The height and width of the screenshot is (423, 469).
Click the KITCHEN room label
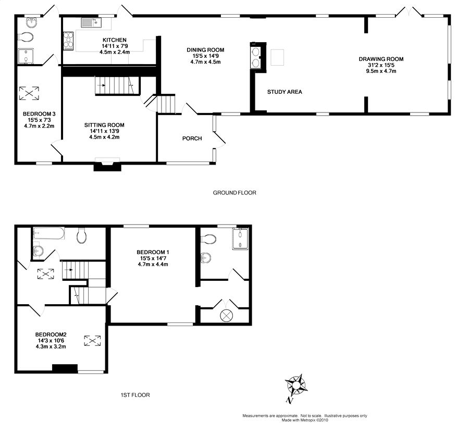pos(115,40)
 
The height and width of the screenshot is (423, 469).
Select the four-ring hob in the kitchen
pos(68,41)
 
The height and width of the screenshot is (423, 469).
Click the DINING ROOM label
pos(205,50)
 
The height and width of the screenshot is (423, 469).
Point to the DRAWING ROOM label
pos(381,59)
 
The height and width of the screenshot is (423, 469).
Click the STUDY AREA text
pos(285,92)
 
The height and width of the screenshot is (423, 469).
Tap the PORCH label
pos(192,139)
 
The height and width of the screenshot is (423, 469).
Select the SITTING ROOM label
pos(104,125)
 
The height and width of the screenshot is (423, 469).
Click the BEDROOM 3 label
pos(39,114)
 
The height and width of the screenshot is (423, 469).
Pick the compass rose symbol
pos(297,385)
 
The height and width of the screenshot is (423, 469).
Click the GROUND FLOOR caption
pos(234,193)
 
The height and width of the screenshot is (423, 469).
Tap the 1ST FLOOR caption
pos(135,395)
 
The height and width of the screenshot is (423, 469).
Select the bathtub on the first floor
pos(49,233)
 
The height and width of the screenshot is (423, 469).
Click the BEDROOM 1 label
pos(153,252)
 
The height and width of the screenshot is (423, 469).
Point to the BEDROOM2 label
pos(51,334)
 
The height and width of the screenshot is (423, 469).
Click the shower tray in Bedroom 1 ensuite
pos(240,239)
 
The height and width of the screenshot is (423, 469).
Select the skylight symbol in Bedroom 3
pos(29,93)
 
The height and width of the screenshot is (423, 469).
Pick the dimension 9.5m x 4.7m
pos(381,71)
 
